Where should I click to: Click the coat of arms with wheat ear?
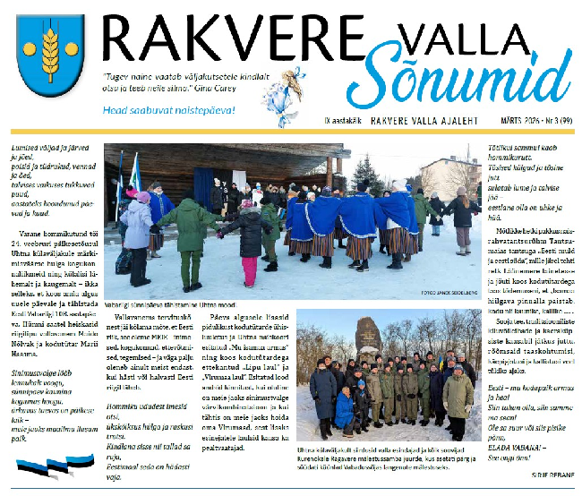(x=49, y=56)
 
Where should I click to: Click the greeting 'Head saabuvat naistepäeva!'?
(x=183, y=110)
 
